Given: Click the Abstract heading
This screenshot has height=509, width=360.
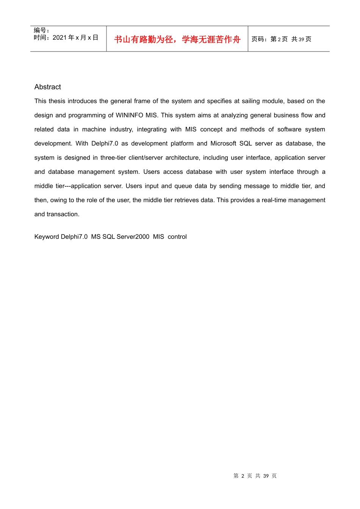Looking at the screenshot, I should (x=47, y=87).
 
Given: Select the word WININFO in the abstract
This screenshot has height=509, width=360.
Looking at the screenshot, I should (x=129, y=115).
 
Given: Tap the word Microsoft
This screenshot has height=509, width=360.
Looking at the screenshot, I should (x=223, y=144).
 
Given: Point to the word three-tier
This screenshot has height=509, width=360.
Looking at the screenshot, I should (x=113, y=158).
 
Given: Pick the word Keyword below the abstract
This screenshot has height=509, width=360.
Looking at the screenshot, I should (x=47, y=237).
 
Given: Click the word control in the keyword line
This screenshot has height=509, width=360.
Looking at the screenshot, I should (x=177, y=237).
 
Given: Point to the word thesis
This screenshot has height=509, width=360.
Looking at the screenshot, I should (x=57, y=101).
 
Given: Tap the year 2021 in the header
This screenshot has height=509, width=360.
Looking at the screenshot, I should (x=59, y=37).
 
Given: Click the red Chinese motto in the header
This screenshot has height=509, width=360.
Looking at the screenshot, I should (x=177, y=39).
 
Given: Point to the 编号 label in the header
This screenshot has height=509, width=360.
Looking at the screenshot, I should (x=40, y=30).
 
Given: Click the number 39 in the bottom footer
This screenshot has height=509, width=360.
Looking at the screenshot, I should (x=266, y=476).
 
